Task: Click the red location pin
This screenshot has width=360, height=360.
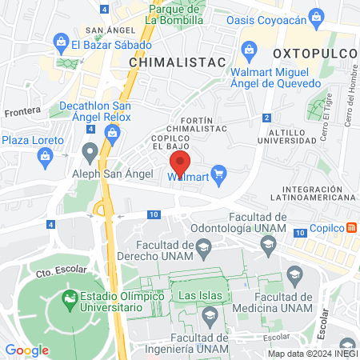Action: click(179, 164)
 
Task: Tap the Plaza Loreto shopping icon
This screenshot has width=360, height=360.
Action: click(44, 154)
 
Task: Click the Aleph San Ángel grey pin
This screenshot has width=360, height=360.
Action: click(90, 150)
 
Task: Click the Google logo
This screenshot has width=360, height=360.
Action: click(27, 350)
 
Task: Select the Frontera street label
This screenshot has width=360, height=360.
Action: click(23, 113)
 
